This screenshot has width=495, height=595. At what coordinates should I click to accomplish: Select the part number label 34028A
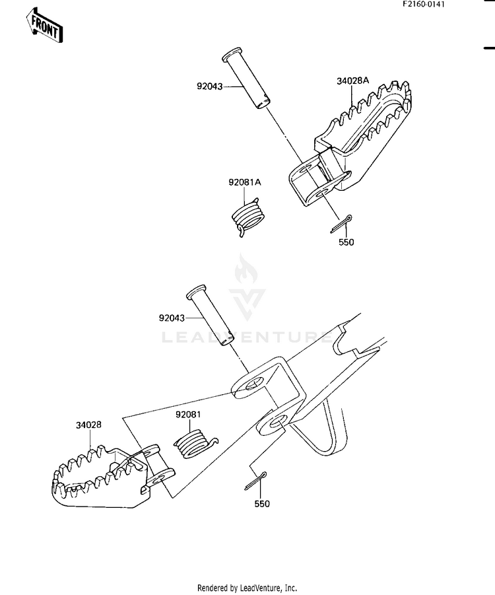(x=353, y=81)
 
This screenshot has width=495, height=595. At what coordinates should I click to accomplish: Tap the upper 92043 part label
(x=210, y=86)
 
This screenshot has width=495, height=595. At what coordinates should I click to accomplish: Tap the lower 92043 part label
(x=172, y=318)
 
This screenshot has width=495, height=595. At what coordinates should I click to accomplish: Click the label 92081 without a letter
(x=188, y=415)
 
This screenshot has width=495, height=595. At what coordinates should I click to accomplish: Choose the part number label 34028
(x=88, y=425)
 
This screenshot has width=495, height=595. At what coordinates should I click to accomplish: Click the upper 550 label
(x=346, y=242)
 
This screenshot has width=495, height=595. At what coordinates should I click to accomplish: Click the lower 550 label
(x=261, y=503)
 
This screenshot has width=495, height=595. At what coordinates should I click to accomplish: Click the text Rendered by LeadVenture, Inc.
(x=247, y=588)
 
